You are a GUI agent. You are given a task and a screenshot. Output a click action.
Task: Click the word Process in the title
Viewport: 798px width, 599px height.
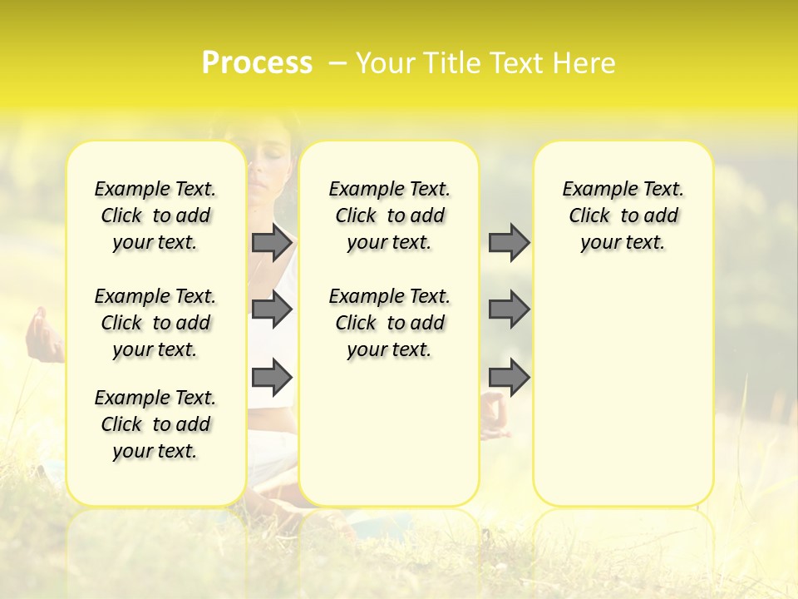click(257, 63)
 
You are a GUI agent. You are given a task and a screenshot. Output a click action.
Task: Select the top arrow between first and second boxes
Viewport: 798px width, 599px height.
click(272, 242)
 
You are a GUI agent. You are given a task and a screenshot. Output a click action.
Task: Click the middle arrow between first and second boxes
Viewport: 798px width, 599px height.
click(272, 309)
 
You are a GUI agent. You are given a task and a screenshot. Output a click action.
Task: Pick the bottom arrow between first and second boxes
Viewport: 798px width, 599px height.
click(272, 377)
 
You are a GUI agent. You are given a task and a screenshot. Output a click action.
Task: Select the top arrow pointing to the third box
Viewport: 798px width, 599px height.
click(509, 242)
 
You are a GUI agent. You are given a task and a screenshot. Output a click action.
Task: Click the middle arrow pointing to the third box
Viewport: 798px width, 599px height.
click(509, 309)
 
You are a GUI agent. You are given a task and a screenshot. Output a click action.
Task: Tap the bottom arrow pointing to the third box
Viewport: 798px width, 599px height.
click(509, 377)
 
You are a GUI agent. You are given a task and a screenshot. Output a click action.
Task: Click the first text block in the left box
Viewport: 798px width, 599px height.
click(155, 215)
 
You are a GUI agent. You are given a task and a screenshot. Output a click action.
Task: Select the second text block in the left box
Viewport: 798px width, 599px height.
click(155, 323)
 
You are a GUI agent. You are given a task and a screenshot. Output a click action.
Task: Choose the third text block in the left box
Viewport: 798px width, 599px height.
click(155, 424)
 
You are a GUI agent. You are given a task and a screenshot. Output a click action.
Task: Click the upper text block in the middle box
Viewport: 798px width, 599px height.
click(389, 215)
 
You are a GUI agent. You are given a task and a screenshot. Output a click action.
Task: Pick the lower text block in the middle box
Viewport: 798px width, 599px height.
click(389, 323)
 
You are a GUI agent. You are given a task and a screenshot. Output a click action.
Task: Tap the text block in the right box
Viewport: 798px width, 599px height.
click(623, 215)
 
